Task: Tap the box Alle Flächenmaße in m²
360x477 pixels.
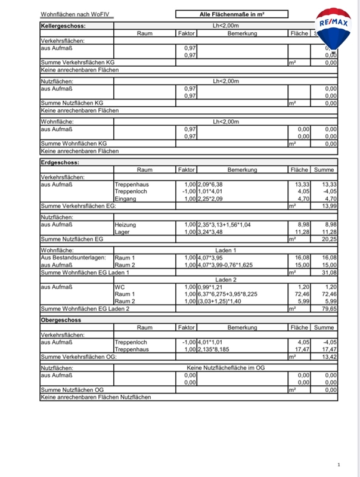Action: click(232, 14)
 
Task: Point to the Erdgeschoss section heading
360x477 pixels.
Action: click(60, 162)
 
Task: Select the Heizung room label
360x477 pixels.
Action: click(126, 224)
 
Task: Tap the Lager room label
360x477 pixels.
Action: click(123, 231)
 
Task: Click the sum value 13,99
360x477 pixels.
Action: click(328, 206)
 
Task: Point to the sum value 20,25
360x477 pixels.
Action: click(328, 238)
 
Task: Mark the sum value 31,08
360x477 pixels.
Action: click(328, 272)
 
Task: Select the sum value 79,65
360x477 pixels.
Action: click(328, 308)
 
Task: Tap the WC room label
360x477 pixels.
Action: click(120, 287)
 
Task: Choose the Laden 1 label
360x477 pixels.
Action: click(226, 250)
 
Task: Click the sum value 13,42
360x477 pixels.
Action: click(328, 357)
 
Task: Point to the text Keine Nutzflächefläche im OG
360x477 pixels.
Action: click(226, 368)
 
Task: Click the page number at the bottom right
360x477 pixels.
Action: click(339, 465)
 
